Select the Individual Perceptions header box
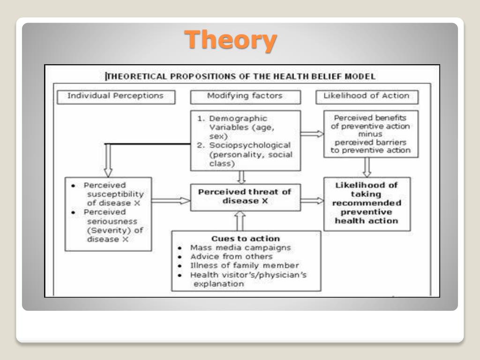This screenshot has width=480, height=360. [115, 96]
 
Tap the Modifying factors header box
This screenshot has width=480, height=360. [245, 96]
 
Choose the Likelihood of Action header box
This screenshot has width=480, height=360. [367, 96]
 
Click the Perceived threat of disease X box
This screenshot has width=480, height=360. [244, 196]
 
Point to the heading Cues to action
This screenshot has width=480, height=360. [246, 239]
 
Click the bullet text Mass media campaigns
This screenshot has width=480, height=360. [240, 247]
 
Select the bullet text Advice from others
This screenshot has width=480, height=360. [231, 256]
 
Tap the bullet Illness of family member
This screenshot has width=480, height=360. [244, 265]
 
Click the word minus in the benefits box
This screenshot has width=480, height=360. [371, 134]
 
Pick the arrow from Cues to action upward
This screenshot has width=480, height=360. [240, 220]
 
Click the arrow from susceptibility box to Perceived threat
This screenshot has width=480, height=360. [171, 201]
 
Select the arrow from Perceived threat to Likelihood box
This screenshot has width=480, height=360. [312, 201]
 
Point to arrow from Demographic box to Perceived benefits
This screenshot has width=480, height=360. [312, 134]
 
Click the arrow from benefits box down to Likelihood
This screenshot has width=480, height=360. [367, 167]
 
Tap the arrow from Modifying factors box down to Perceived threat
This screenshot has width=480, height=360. [242, 177]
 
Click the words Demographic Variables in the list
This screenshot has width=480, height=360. [238, 123]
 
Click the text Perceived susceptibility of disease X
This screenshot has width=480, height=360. [113, 194]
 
